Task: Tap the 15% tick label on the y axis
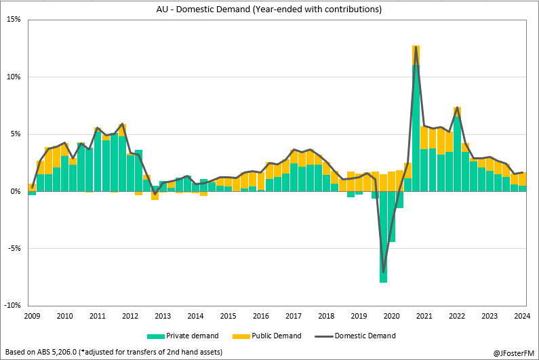pyautogui.click(x=14, y=20)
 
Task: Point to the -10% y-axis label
pyautogui.click(x=12, y=306)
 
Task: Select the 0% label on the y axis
pyautogui.click(x=16, y=191)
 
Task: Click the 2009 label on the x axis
pyautogui.click(x=32, y=316)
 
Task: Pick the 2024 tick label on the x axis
pyautogui.click(x=523, y=316)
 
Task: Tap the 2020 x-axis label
pyautogui.click(x=392, y=316)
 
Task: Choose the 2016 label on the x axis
pyautogui.click(x=261, y=316)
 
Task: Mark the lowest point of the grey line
pyautogui.click(x=384, y=272)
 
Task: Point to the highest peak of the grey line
pyautogui.click(x=416, y=46)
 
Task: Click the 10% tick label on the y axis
pyautogui.click(x=14, y=77)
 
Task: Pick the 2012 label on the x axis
pyautogui.click(x=130, y=316)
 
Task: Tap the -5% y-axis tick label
pyautogui.click(x=14, y=248)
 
